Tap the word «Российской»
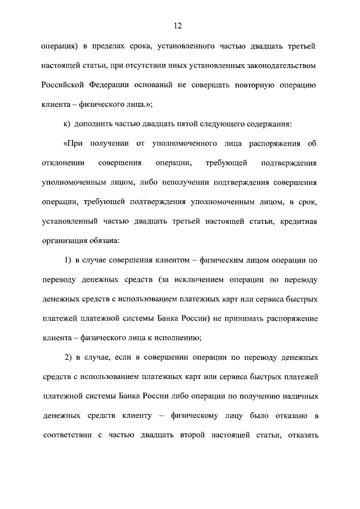[x=64, y=85]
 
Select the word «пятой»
[x=178, y=124]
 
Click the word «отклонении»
[x=62, y=164]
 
